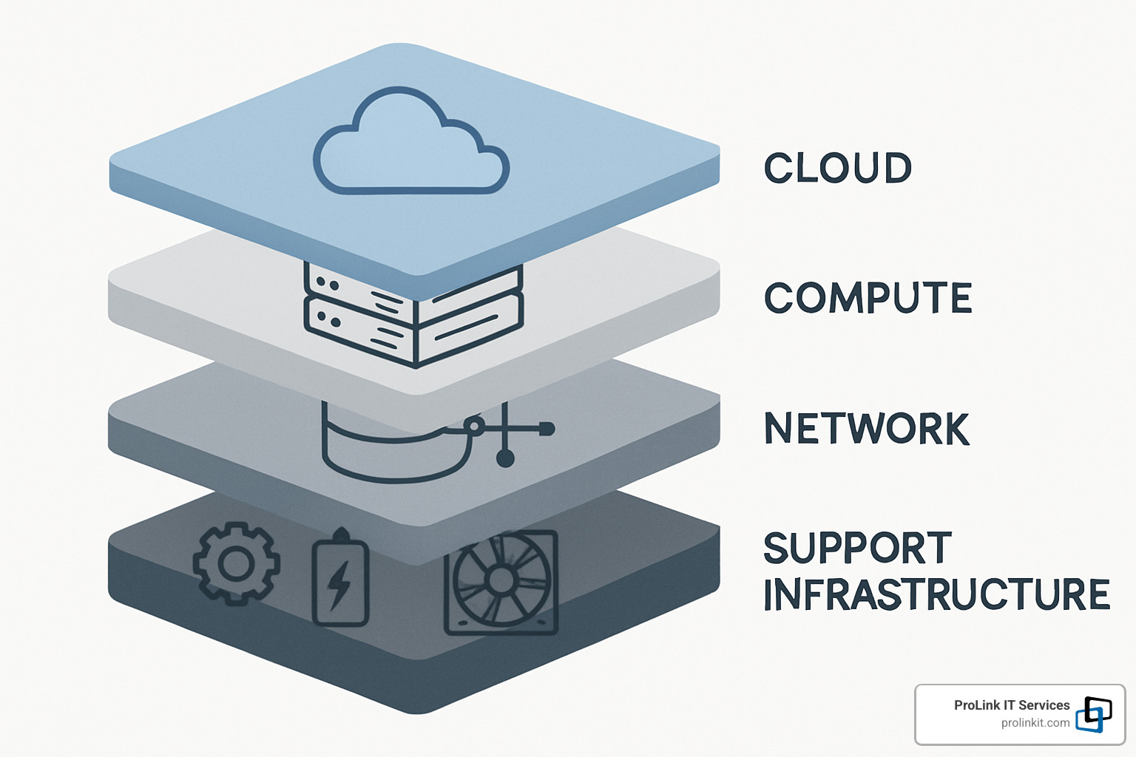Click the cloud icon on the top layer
411,143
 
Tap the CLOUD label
838,169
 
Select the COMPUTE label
868,299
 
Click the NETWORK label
866,429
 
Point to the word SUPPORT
857,549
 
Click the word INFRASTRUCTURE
936,595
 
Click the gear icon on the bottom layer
236,564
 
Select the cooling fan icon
501,583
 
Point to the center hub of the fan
501,580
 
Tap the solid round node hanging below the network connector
505,459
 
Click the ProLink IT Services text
1011,705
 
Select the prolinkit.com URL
1035,723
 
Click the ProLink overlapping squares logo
1094,714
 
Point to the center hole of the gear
236,565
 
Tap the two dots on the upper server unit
327,284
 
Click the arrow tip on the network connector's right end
547,428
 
